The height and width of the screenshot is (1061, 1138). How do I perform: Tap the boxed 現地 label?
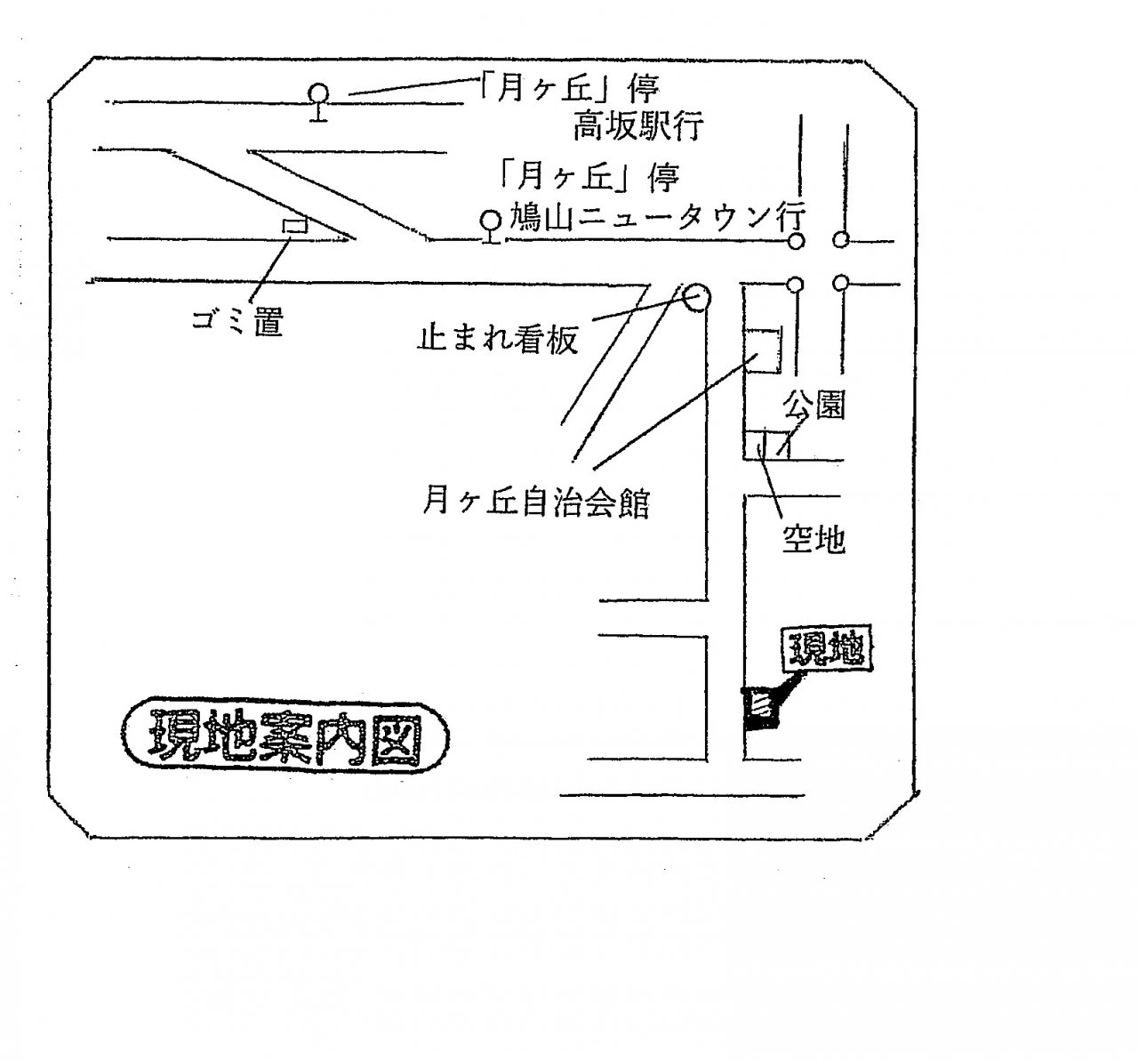click(x=827, y=648)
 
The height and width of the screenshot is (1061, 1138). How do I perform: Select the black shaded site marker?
click(x=760, y=709)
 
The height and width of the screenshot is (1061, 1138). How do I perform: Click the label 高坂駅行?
click(x=637, y=126)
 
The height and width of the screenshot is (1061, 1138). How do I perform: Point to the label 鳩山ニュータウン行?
click(x=657, y=217)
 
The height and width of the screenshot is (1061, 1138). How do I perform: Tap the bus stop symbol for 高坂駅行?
click(x=318, y=102)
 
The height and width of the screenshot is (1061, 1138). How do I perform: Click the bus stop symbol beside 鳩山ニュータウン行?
click(x=490, y=227)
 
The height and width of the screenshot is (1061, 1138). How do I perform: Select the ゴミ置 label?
click(x=237, y=321)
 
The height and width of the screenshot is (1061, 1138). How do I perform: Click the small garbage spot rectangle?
click(x=295, y=225)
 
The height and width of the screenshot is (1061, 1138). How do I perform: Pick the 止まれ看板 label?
click(x=497, y=340)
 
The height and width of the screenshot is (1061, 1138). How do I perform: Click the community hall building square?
click(x=763, y=350)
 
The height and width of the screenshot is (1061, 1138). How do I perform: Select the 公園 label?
click(x=813, y=406)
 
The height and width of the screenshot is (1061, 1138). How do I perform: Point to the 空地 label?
click(x=813, y=539)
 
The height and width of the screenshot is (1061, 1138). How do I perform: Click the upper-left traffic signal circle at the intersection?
click(x=796, y=241)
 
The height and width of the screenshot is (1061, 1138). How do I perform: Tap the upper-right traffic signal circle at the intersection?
click(x=840, y=239)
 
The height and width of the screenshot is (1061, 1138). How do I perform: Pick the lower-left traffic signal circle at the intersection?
click(x=796, y=285)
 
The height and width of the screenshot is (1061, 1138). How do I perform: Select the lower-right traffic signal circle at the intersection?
click(x=840, y=283)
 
